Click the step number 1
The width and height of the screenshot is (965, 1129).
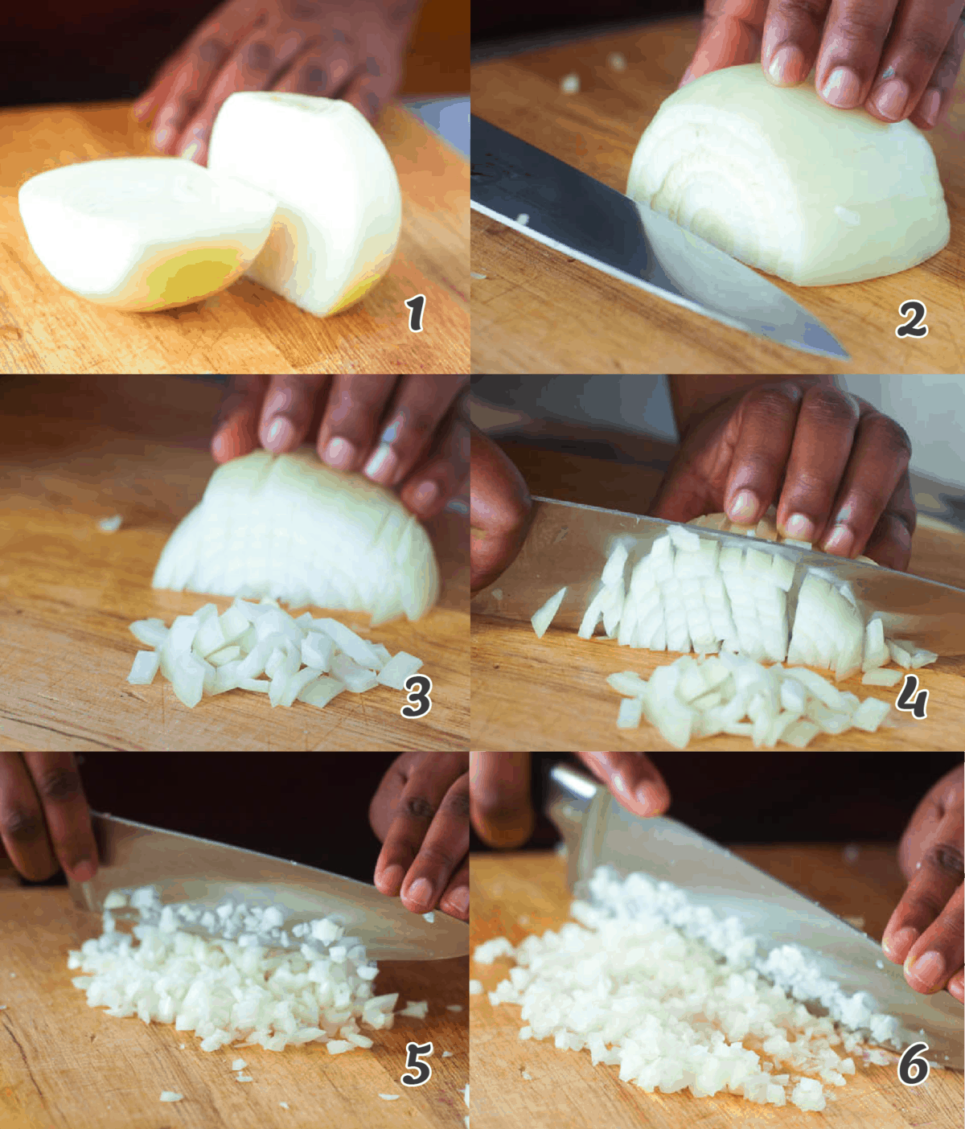coord(415,313)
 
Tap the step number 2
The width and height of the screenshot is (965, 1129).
coord(911,320)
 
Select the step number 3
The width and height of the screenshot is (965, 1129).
coord(417,696)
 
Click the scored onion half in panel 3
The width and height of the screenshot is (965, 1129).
coord(298,531)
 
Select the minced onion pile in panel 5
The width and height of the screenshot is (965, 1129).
coord(225,981)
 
